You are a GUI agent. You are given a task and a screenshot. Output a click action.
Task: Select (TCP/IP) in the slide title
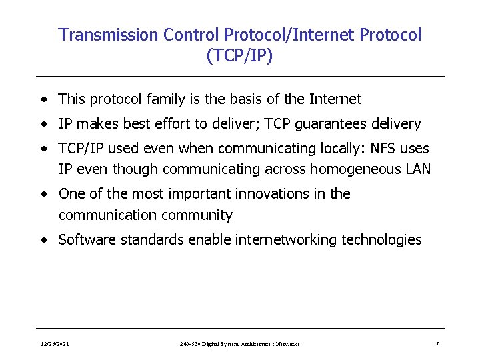click(239, 56)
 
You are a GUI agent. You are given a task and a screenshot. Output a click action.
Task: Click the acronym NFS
click(373, 148)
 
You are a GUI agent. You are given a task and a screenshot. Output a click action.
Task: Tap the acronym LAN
click(418, 169)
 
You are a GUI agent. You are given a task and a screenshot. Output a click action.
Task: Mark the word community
click(200, 215)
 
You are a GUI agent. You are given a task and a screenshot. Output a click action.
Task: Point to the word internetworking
click(286, 240)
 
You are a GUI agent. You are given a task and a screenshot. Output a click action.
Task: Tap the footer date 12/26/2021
click(54, 344)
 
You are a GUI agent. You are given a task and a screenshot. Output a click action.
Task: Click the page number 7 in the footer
click(437, 344)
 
